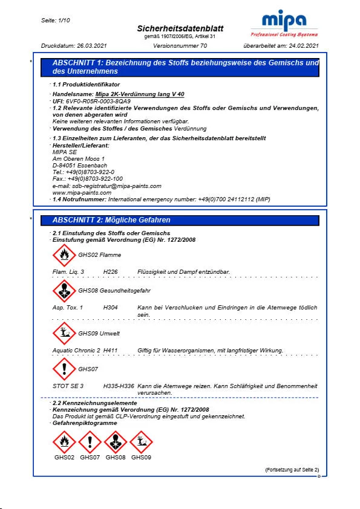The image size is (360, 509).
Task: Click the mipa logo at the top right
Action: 284,25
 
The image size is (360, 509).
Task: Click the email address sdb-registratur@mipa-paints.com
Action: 106,186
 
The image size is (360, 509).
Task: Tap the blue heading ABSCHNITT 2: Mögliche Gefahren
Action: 111,220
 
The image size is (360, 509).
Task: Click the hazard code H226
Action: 111,273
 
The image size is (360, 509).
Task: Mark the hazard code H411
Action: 111,351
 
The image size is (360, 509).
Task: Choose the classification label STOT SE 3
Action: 68,386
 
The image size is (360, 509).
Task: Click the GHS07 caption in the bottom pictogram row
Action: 90,458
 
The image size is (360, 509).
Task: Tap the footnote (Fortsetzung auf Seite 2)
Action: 292,470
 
